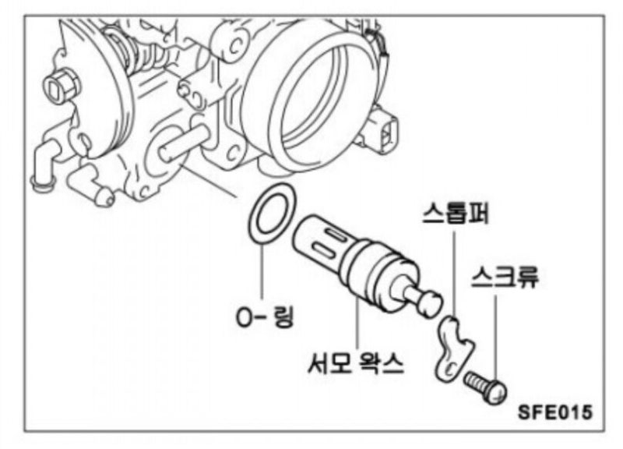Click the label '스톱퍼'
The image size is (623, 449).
(456, 213)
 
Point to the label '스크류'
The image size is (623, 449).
(505, 277)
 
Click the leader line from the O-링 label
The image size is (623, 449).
(262, 269)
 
